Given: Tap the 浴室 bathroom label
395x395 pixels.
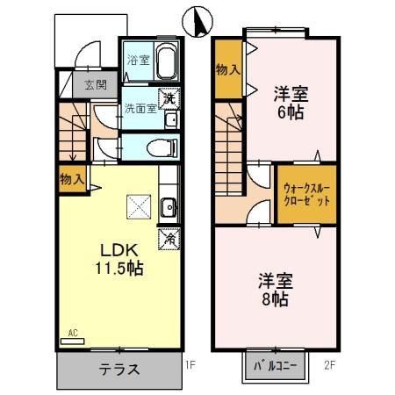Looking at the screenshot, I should [x=138, y=61].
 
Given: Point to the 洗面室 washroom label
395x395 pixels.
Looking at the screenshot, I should [x=140, y=110].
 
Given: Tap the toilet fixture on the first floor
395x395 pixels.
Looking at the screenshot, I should [x=163, y=147].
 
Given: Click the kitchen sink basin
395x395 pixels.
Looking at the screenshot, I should [x=169, y=207].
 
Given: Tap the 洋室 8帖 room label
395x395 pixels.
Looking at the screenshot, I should [x=275, y=289].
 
